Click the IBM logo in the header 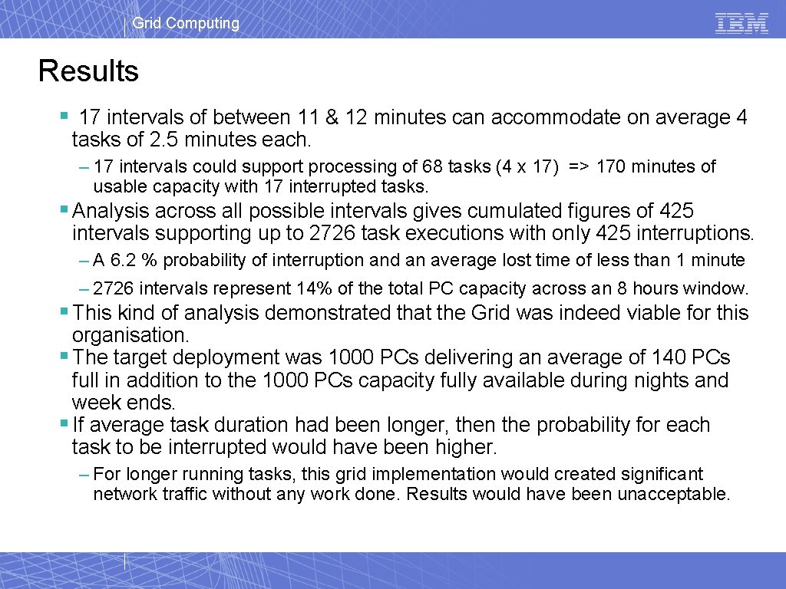pos(741,23)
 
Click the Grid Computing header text pos(185,23)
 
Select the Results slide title pos(88,71)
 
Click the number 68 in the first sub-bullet pos(431,166)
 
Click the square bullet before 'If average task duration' pos(64,424)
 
